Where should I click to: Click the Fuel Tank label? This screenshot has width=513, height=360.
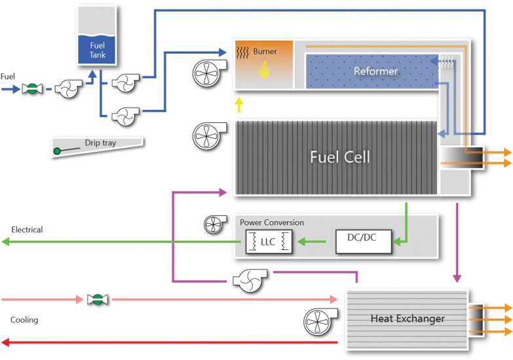click(97, 50)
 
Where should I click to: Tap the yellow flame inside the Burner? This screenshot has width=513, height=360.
click(265, 69)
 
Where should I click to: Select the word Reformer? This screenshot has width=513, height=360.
click(375, 71)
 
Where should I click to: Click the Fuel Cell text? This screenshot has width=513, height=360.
click(339, 157)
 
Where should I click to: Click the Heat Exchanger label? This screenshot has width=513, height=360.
click(407, 319)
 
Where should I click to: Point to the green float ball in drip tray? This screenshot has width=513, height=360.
click(58, 152)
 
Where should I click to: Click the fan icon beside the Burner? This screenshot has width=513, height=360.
click(208, 74)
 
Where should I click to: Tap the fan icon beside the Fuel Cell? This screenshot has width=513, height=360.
click(208, 135)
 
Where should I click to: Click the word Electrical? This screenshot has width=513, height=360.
click(27, 230)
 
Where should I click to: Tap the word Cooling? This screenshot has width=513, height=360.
click(24, 320)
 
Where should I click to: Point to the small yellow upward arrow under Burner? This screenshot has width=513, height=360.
click(239, 103)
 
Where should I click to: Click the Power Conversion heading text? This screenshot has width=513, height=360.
click(271, 223)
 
